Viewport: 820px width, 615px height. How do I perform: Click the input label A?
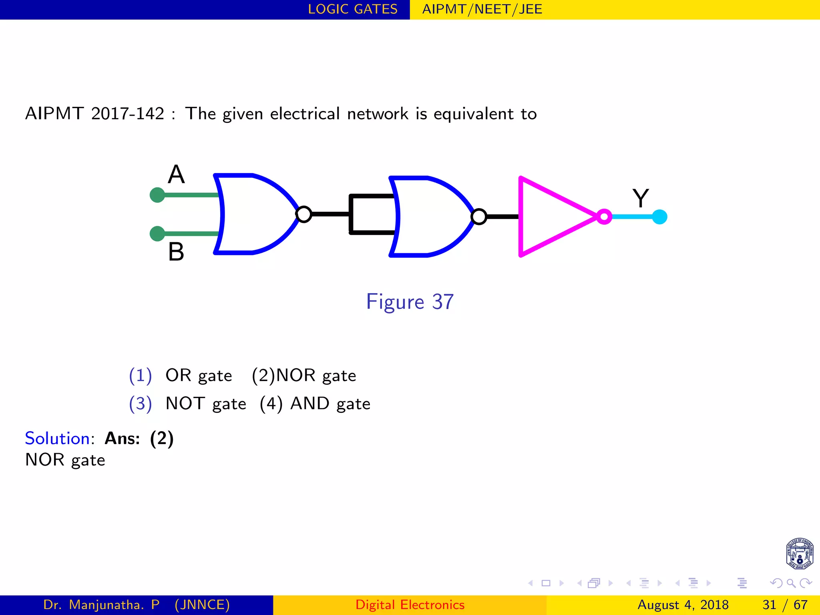click(x=176, y=175)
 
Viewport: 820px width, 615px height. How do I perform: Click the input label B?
click(x=176, y=252)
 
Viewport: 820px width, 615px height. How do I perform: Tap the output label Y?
click(x=641, y=198)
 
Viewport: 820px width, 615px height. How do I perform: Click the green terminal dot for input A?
click(x=157, y=195)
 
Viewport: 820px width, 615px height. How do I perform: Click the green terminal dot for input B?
click(x=157, y=233)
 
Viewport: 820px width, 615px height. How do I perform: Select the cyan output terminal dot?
click(x=659, y=217)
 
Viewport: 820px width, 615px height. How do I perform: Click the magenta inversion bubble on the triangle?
click(x=604, y=217)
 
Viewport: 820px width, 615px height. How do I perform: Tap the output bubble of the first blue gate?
click(x=304, y=214)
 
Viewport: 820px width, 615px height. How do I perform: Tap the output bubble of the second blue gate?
click(x=479, y=217)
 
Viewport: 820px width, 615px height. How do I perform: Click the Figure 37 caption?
click(x=410, y=302)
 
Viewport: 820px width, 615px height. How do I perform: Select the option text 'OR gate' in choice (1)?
click(x=199, y=376)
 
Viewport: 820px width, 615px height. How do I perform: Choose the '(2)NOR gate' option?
click(x=304, y=376)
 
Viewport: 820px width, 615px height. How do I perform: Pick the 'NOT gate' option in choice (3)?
click(x=206, y=404)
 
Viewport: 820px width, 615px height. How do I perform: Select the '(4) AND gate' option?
click(x=315, y=404)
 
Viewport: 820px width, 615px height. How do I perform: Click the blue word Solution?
click(x=57, y=438)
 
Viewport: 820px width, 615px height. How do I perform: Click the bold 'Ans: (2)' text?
click(x=139, y=438)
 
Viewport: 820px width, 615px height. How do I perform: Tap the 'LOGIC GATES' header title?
click(x=352, y=9)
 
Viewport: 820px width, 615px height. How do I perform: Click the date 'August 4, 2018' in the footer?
click(x=683, y=605)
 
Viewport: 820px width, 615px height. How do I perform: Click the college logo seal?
click(x=799, y=554)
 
